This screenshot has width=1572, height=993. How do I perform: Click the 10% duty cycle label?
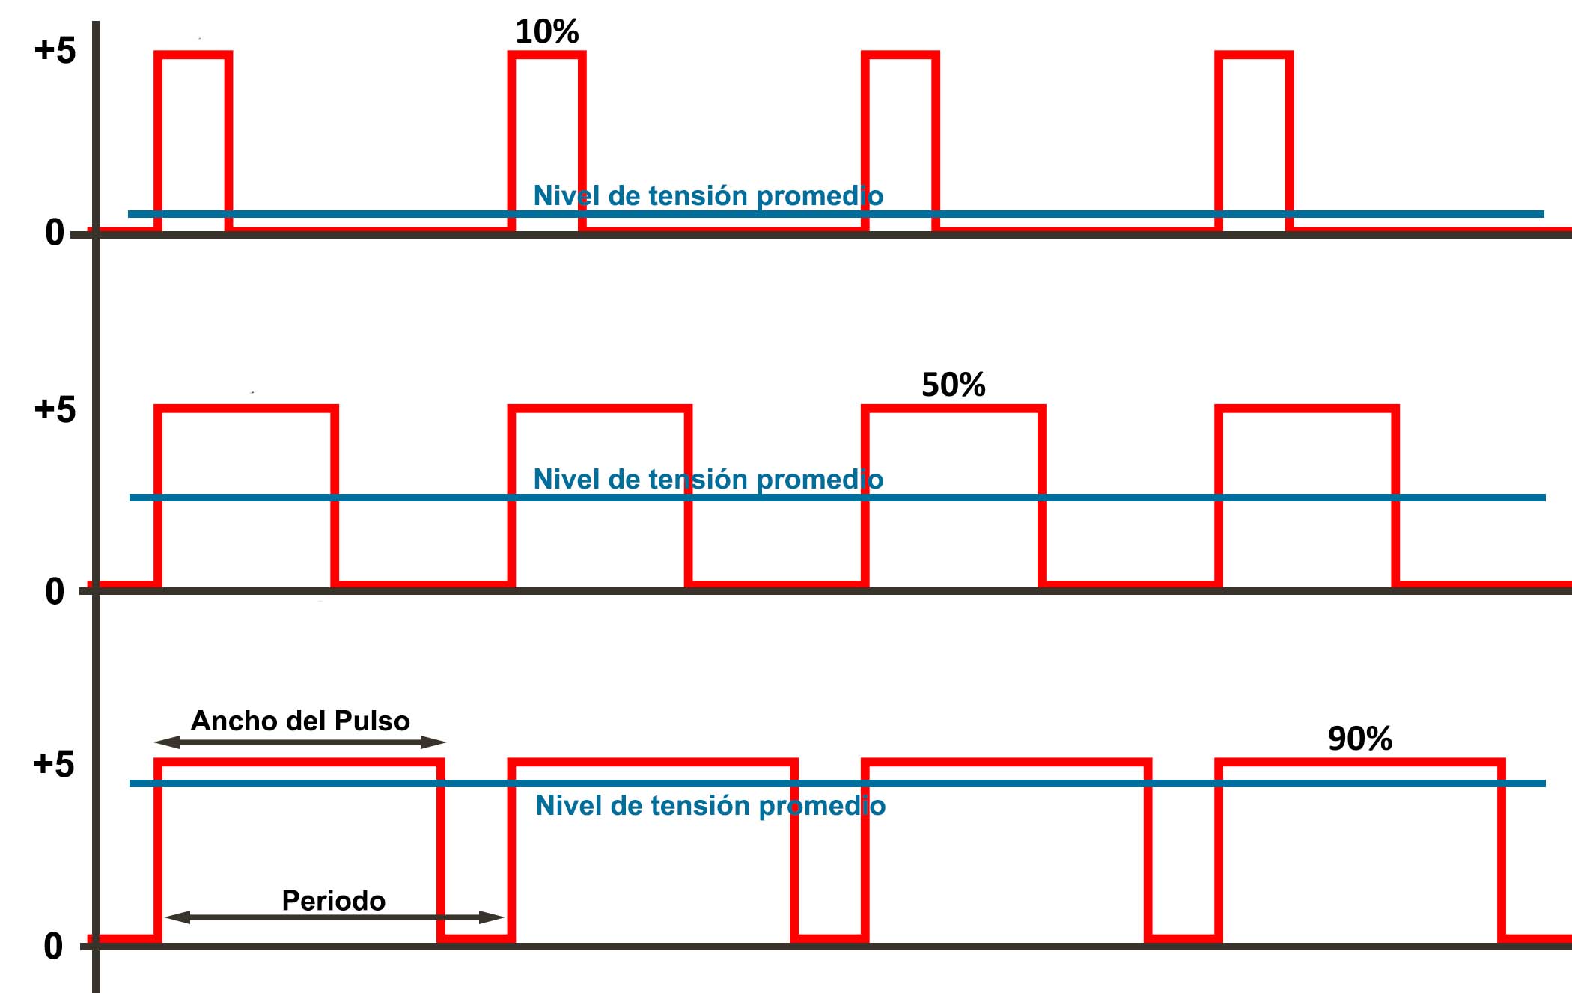(x=547, y=31)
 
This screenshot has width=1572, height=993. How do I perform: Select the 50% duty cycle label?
(x=954, y=385)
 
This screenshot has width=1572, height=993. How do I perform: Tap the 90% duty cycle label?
(x=1360, y=739)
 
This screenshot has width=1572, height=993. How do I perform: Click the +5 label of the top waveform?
(x=55, y=50)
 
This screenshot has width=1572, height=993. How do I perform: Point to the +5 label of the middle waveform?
(x=55, y=409)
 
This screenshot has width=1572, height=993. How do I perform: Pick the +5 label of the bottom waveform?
(x=53, y=764)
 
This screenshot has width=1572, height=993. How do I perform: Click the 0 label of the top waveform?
(x=55, y=233)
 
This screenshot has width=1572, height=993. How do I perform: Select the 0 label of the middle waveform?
(x=55, y=592)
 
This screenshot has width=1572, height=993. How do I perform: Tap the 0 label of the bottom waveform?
(x=53, y=947)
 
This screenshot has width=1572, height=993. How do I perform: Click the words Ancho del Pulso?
(x=300, y=721)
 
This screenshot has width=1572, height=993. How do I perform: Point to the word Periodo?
(x=333, y=900)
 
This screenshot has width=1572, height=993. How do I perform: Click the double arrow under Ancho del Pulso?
(x=300, y=742)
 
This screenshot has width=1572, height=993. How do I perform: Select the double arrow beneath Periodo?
(x=334, y=917)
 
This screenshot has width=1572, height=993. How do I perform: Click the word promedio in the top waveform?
(x=820, y=196)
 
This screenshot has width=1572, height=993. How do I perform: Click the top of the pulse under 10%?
(x=547, y=55)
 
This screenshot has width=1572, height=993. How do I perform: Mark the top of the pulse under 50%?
(x=954, y=409)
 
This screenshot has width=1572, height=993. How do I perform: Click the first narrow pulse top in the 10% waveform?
(x=193, y=55)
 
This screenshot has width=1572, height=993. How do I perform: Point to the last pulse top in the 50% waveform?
(x=1307, y=409)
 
